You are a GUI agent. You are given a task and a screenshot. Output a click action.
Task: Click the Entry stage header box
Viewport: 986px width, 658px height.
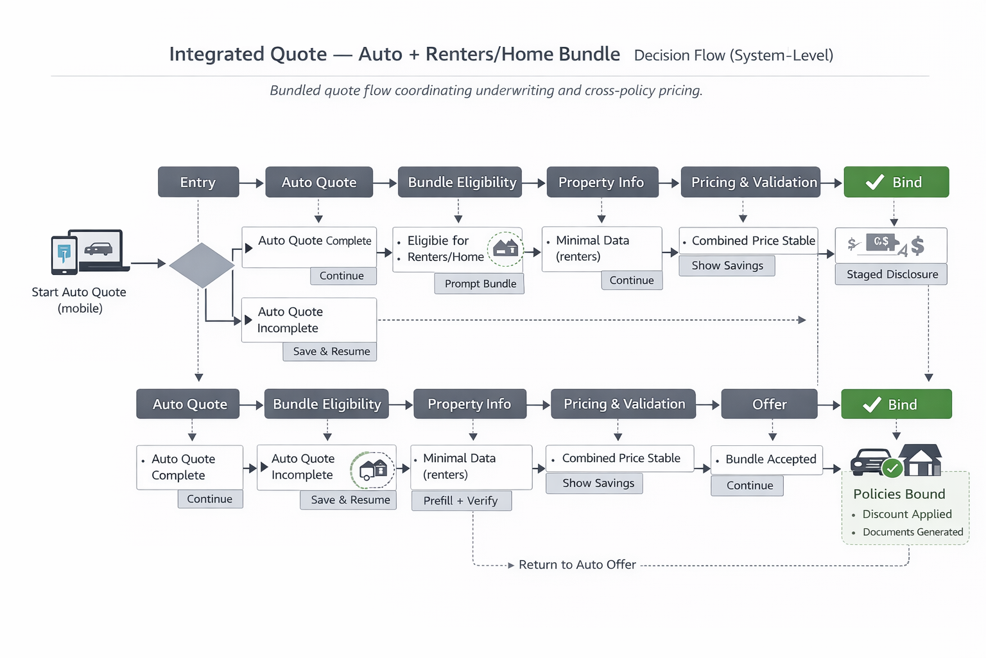point(198,182)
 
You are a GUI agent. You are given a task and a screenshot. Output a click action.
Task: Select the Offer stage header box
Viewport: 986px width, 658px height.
point(769,404)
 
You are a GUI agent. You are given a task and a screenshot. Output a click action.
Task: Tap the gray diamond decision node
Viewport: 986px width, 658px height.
point(202,265)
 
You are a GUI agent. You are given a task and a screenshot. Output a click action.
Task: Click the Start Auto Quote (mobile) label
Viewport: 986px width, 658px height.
point(79,300)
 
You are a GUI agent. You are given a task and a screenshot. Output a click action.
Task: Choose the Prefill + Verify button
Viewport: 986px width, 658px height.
point(460,501)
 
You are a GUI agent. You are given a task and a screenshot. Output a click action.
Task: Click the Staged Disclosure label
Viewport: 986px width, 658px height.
point(892,274)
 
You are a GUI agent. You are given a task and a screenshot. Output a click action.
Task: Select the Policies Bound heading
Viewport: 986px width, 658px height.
point(899,494)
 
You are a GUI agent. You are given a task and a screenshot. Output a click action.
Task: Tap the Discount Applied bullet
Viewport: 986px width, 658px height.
point(906,514)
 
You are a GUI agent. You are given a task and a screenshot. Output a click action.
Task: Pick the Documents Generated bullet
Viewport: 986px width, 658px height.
point(912,532)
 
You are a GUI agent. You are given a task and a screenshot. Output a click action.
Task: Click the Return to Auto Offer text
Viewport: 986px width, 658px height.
point(576,565)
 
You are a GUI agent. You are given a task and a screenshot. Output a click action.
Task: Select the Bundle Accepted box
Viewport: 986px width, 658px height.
point(766,459)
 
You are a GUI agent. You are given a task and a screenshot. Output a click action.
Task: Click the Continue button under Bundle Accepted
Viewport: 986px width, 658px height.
point(749,486)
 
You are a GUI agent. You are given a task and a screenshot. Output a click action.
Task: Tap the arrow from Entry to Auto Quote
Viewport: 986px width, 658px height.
point(252,183)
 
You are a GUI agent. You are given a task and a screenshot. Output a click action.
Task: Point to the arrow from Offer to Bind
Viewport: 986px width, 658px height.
point(829,405)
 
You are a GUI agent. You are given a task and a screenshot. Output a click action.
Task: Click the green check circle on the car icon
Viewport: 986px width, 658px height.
point(892,468)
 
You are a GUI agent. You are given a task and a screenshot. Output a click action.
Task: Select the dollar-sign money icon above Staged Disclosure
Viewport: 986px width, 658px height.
point(887,245)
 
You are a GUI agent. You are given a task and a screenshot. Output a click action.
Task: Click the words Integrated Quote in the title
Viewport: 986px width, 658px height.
point(248,55)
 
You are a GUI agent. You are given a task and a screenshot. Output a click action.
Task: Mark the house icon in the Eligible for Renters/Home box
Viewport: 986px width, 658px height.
point(506,248)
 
